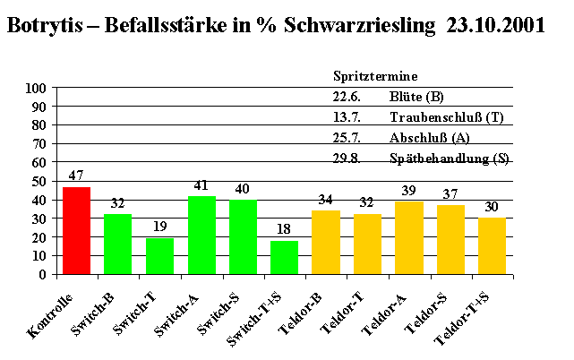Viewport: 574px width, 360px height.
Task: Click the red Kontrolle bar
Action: point(76,230)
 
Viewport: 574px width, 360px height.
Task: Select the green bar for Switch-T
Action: point(159,255)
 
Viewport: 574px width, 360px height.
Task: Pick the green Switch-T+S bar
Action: point(284,257)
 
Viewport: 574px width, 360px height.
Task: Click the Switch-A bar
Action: point(201,235)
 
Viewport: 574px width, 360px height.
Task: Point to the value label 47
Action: point(76,176)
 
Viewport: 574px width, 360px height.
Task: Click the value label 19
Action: point(159,227)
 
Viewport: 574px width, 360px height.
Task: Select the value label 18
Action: point(284,229)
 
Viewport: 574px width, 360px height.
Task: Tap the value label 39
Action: point(408,191)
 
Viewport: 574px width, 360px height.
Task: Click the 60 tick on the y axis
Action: point(40,163)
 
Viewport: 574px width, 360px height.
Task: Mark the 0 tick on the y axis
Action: point(44,274)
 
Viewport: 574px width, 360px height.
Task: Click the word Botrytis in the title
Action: point(47,25)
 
